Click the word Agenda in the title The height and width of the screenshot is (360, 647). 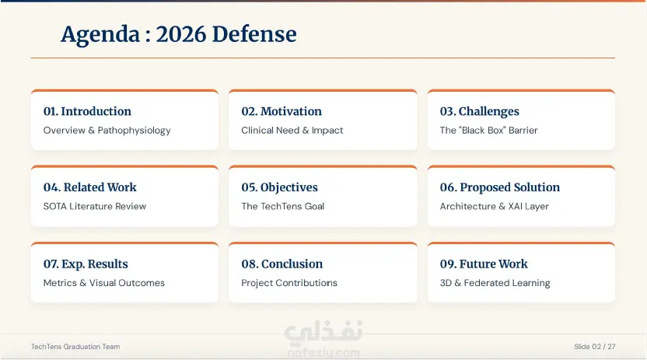click(100, 35)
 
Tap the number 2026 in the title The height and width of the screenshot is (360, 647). click(180, 33)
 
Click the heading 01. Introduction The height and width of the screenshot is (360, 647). click(87, 111)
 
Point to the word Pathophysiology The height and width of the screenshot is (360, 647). click(134, 131)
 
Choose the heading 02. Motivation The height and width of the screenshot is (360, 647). click(282, 111)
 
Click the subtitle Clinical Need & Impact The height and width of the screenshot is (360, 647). click(292, 131)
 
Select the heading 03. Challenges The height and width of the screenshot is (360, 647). click(480, 112)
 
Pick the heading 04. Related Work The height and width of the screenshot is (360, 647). click(90, 187)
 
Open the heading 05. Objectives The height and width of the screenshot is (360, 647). click(279, 187)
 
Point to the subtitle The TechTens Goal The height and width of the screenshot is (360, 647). click(282, 206)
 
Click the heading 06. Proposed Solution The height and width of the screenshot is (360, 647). click(500, 187)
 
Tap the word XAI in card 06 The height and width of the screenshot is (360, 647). click(516, 206)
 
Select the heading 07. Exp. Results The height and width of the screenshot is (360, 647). click(86, 264)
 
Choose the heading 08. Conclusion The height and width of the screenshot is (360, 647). click(282, 264)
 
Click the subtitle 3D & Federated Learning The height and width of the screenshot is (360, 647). click(495, 283)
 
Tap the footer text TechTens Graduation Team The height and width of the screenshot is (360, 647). click(75, 347)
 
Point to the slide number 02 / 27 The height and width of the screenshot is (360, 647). click(603, 347)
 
